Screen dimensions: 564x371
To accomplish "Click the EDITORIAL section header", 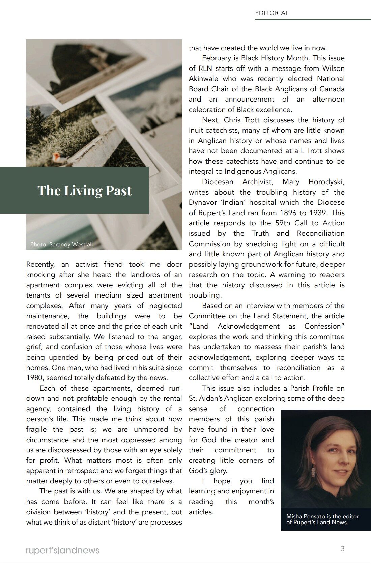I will coord(272,13).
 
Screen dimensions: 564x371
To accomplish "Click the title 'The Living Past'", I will coord(84,190).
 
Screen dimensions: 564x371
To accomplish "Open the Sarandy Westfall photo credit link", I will coord(71,244).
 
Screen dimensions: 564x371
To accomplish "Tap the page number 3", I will coord(343,548).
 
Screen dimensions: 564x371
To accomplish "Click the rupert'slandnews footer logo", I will coord(62,550).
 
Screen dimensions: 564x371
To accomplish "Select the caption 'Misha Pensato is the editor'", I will coord(322,516).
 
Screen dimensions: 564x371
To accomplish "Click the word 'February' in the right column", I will coord(220,58).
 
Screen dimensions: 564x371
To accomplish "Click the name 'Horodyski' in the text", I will coord(326,182).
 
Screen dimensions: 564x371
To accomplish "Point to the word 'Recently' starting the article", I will coord(40,264).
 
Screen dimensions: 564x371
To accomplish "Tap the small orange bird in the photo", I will coord(56,156).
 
